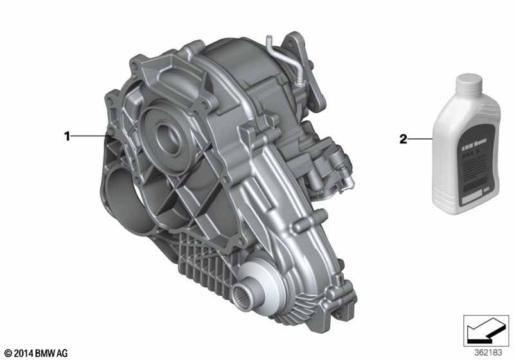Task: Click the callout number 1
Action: [66, 136]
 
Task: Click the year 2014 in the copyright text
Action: [22, 352]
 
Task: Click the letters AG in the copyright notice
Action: [59, 352]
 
